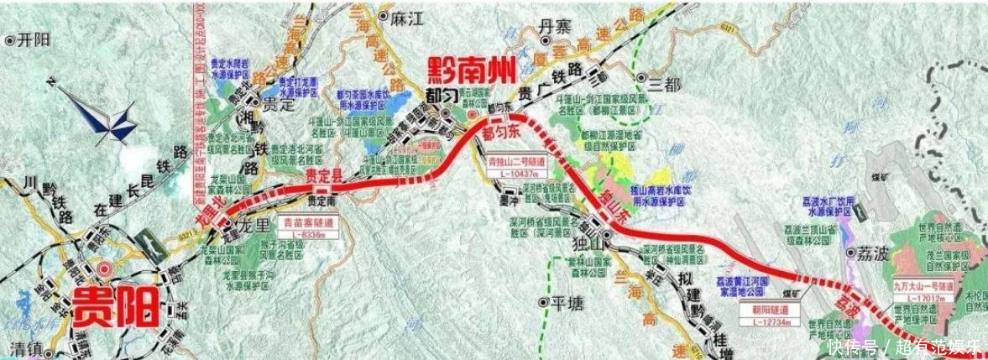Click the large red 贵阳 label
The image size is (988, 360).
[x=116, y=307]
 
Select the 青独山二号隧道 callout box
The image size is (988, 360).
[x=514, y=164]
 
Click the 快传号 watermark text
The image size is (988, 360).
[x=852, y=347]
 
